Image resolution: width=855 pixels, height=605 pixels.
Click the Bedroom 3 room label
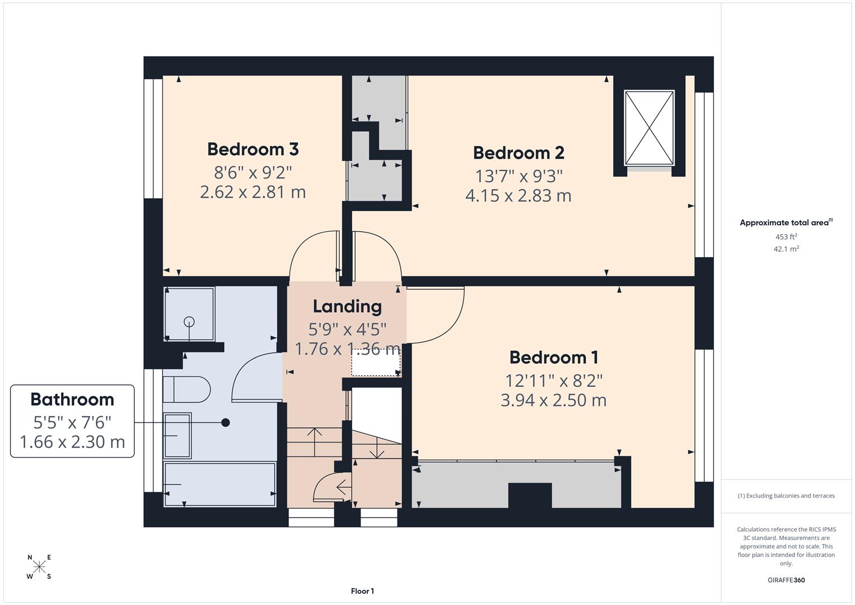tap(253, 150)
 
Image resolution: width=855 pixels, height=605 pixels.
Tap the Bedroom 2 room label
tap(518, 153)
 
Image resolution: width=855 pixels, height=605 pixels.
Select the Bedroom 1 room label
tap(553, 357)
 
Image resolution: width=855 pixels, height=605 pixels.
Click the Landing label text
tap(347, 306)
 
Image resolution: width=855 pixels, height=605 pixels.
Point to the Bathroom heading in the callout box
tap(72, 399)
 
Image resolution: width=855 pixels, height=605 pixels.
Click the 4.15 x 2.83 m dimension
tap(518, 196)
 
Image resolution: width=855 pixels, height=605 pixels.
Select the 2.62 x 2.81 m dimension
tap(253, 193)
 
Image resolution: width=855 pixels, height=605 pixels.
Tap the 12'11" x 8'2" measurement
tap(553, 381)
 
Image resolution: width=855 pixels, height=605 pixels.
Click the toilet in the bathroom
tap(186, 389)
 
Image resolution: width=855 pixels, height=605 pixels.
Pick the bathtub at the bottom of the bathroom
tap(219, 484)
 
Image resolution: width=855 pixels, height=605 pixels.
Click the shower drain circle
tap(189, 322)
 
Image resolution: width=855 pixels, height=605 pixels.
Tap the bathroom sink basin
tap(177, 435)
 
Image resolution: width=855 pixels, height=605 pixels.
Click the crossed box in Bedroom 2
tap(649, 128)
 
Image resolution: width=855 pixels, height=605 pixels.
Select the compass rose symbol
tap(39, 567)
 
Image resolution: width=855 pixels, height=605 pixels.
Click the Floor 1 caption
tap(362, 591)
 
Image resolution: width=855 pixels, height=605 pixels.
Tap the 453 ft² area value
tap(786, 237)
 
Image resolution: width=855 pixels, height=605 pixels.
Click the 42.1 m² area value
tap(786, 249)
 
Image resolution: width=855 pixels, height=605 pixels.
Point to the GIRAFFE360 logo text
tap(786, 580)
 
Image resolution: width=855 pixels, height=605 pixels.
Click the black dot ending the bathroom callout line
tap(226, 422)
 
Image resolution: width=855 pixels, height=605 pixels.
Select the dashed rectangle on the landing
tap(376, 362)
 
